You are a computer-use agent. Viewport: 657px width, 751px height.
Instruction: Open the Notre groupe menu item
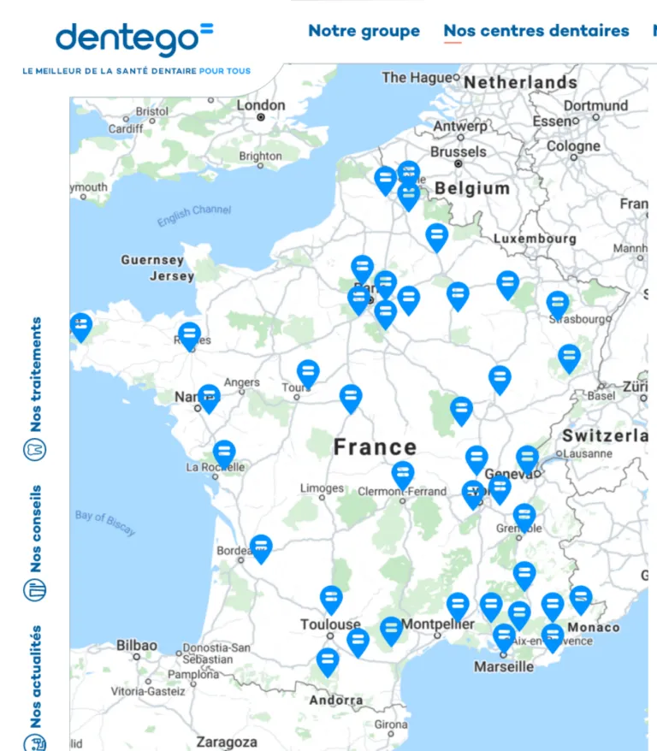(x=364, y=31)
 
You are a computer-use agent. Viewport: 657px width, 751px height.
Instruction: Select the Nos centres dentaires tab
(x=536, y=31)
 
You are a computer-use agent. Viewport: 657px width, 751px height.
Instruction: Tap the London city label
(x=261, y=105)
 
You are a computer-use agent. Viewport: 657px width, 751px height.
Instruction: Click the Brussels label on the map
(x=458, y=151)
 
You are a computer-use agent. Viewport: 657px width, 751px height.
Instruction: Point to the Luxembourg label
(x=535, y=239)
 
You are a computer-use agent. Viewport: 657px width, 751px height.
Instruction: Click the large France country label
(x=375, y=446)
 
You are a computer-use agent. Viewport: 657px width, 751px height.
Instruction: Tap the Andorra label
(x=336, y=701)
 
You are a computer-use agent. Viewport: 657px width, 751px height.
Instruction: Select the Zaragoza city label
(x=227, y=742)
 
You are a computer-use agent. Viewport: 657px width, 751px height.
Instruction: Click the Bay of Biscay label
(x=105, y=522)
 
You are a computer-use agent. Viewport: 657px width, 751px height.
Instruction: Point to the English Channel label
(x=194, y=216)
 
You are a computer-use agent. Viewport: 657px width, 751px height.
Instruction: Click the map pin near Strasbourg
(x=558, y=304)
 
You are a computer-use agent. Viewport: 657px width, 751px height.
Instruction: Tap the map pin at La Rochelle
(x=224, y=452)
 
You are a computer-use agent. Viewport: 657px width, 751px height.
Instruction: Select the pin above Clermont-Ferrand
(x=403, y=474)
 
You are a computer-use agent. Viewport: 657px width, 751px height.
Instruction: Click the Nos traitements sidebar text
(x=35, y=375)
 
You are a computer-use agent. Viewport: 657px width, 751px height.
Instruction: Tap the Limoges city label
(x=322, y=488)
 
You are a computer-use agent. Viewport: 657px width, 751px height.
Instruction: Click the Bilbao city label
(x=137, y=645)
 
